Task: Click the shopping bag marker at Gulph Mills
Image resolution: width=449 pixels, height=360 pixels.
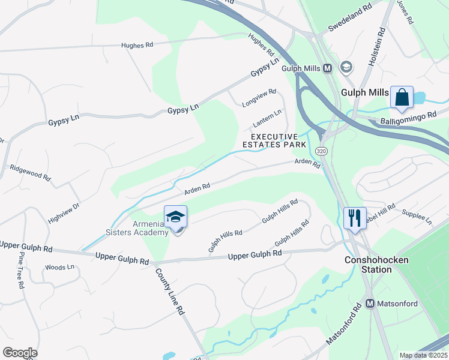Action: click(402, 97)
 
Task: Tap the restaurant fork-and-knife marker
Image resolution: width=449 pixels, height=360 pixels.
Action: click(355, 217)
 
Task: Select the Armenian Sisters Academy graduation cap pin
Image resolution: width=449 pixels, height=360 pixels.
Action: click(175, 217)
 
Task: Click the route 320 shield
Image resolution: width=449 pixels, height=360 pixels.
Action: click(321, 151)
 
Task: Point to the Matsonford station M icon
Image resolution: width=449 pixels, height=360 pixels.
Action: click(370, 304)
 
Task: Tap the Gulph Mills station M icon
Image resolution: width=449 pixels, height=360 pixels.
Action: click(327, 68)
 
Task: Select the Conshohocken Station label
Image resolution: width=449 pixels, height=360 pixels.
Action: click(376, 265)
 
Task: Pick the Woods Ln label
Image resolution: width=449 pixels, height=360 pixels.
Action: click(59, 267)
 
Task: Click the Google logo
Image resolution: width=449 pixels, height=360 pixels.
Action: click(20, 353)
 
